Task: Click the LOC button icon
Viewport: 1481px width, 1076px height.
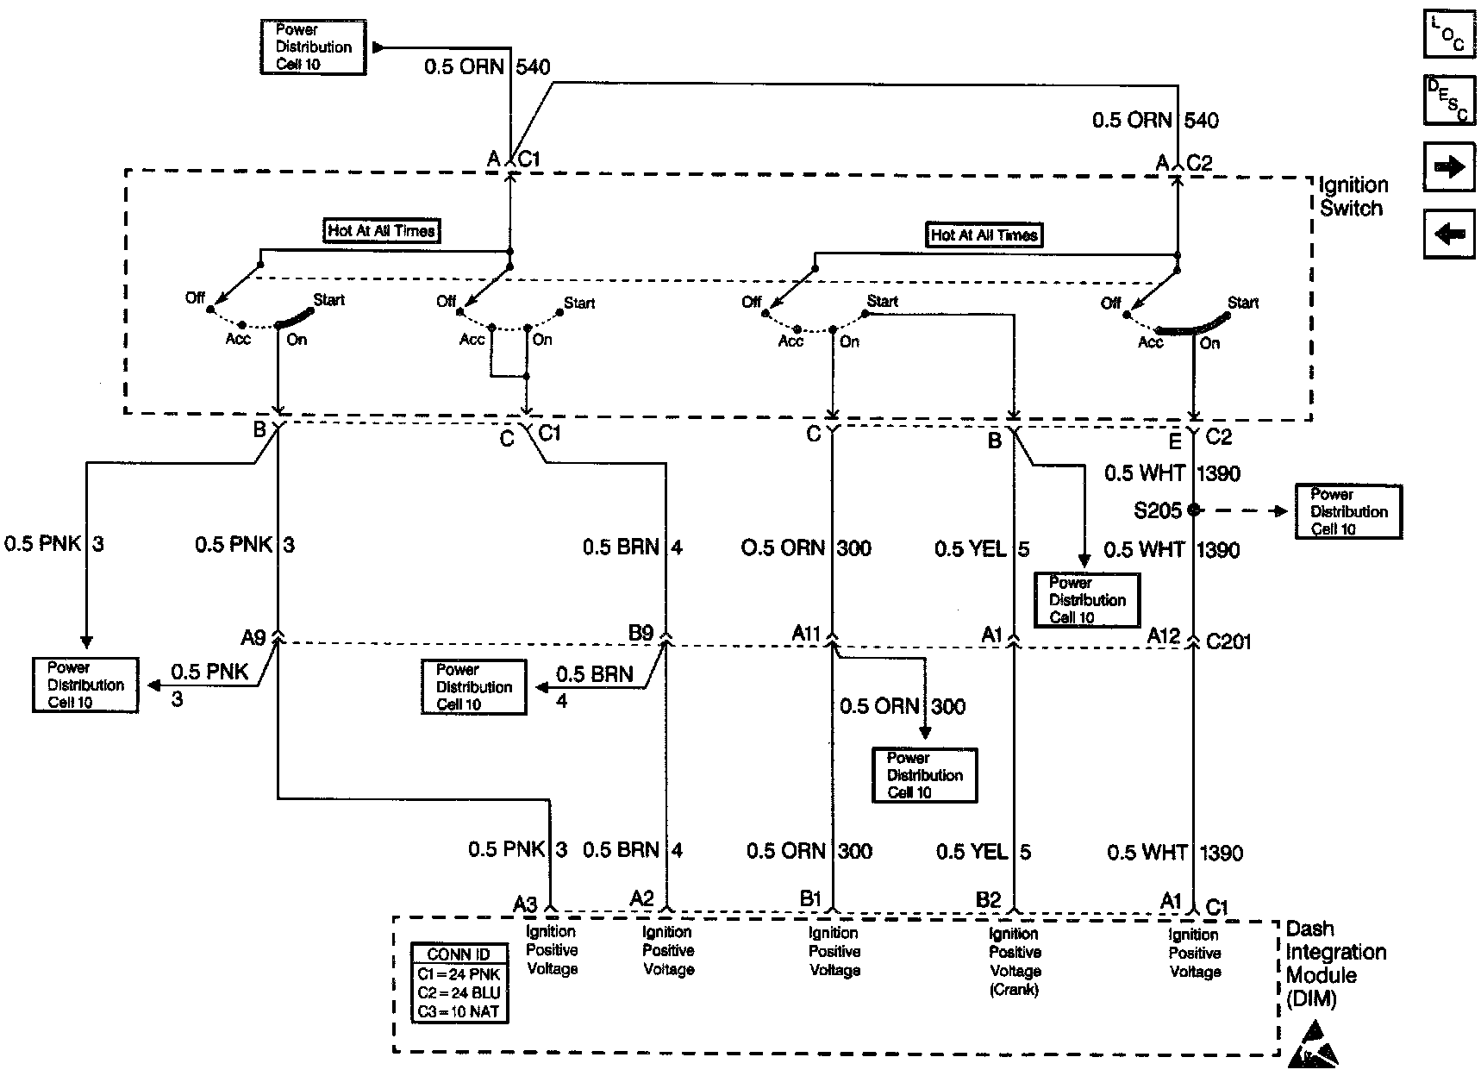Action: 1448,34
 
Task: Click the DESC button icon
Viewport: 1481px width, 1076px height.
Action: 1448,99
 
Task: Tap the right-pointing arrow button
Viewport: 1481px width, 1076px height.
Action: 1448,166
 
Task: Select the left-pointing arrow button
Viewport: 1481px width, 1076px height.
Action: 1448,233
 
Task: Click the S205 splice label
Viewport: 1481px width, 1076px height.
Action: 1157,510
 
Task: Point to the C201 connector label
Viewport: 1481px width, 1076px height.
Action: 1228,642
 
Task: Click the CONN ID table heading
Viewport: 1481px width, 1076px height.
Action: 459,954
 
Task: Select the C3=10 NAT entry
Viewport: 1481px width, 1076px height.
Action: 459,1011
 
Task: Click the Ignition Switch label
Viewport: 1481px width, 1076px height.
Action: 1353,197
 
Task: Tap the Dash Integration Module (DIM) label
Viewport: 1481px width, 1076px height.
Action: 1334,964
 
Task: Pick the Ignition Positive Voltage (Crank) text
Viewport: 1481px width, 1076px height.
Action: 1015,961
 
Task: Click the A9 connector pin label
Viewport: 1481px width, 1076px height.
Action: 253,638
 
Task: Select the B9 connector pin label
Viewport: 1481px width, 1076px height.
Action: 641,634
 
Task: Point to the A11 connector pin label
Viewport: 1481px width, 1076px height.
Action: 807,635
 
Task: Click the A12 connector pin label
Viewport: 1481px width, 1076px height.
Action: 1164,636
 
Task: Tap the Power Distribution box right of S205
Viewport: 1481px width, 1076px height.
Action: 1348,511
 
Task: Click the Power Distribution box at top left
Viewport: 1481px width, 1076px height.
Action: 313,47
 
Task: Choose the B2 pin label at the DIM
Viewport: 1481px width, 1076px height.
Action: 989,900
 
